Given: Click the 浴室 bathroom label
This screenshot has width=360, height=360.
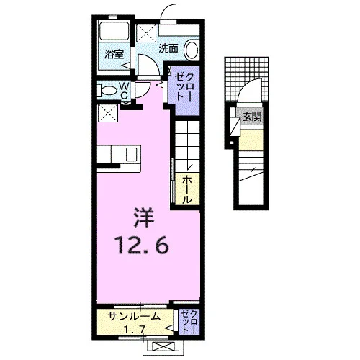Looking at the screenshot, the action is click(x=114, y=54).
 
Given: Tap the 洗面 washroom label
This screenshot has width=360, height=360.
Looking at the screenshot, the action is click(x=168, y=48).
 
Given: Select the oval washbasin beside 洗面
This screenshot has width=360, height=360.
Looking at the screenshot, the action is click(x=192, y=50).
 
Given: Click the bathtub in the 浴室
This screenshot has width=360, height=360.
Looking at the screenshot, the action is click(x=114, y=31).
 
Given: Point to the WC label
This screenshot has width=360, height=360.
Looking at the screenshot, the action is click(x=124, y=91).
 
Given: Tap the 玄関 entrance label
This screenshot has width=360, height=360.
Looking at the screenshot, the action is click(x=252, y=117).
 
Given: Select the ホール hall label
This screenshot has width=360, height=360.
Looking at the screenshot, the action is click(x=187, y=189).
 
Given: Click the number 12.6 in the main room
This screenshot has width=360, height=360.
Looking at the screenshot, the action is click(x=143, y=245).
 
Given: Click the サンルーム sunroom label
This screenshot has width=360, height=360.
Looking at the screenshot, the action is click(x=134, y=316).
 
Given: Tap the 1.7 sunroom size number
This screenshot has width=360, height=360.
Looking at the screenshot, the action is click(x=135, y=330).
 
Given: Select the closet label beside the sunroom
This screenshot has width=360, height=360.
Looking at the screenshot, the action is click(x=189, y=322).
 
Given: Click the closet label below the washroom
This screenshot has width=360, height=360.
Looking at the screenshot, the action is click(x=184, y=86).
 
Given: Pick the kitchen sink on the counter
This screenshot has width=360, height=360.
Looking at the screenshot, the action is click(x=132, y=154).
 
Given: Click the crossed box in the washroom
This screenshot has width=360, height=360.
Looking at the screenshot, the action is click(x=146, y=34).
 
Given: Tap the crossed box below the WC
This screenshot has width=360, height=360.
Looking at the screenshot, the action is click(x=108, y=113).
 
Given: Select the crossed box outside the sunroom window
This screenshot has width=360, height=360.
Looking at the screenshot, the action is click(x=161, y=347).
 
